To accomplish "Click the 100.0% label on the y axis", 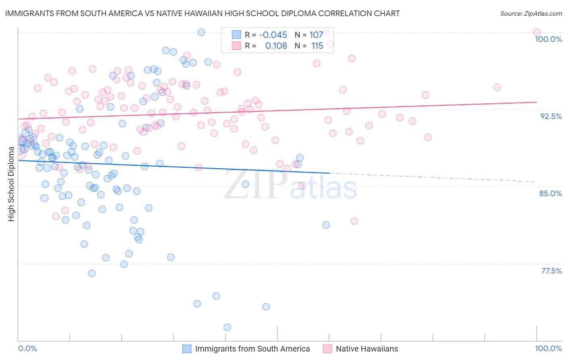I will coord(548,39).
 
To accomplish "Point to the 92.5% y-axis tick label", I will coord(551,116).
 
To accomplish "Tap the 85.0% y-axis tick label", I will coord(550,193).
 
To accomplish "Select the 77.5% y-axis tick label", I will coord(551,271).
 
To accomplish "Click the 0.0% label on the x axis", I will coord(27,348).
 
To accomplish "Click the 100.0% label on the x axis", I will coord(548,348).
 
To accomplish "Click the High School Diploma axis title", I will coord(11,184).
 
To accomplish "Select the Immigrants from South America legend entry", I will coord(252,349).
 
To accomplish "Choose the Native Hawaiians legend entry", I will coord(366,349).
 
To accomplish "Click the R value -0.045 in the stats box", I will coord(273,35).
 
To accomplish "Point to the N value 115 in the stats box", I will coord(317,46).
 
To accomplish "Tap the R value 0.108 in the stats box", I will coord(276,46).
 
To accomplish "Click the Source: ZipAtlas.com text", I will coord(531,13).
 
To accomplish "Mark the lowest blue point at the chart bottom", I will coord(227,327).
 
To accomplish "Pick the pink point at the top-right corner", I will coord(537,32).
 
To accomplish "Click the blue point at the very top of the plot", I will coord(201,32).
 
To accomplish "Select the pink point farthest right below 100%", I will coord(497,87).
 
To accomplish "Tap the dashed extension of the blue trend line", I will coord(432,178).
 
